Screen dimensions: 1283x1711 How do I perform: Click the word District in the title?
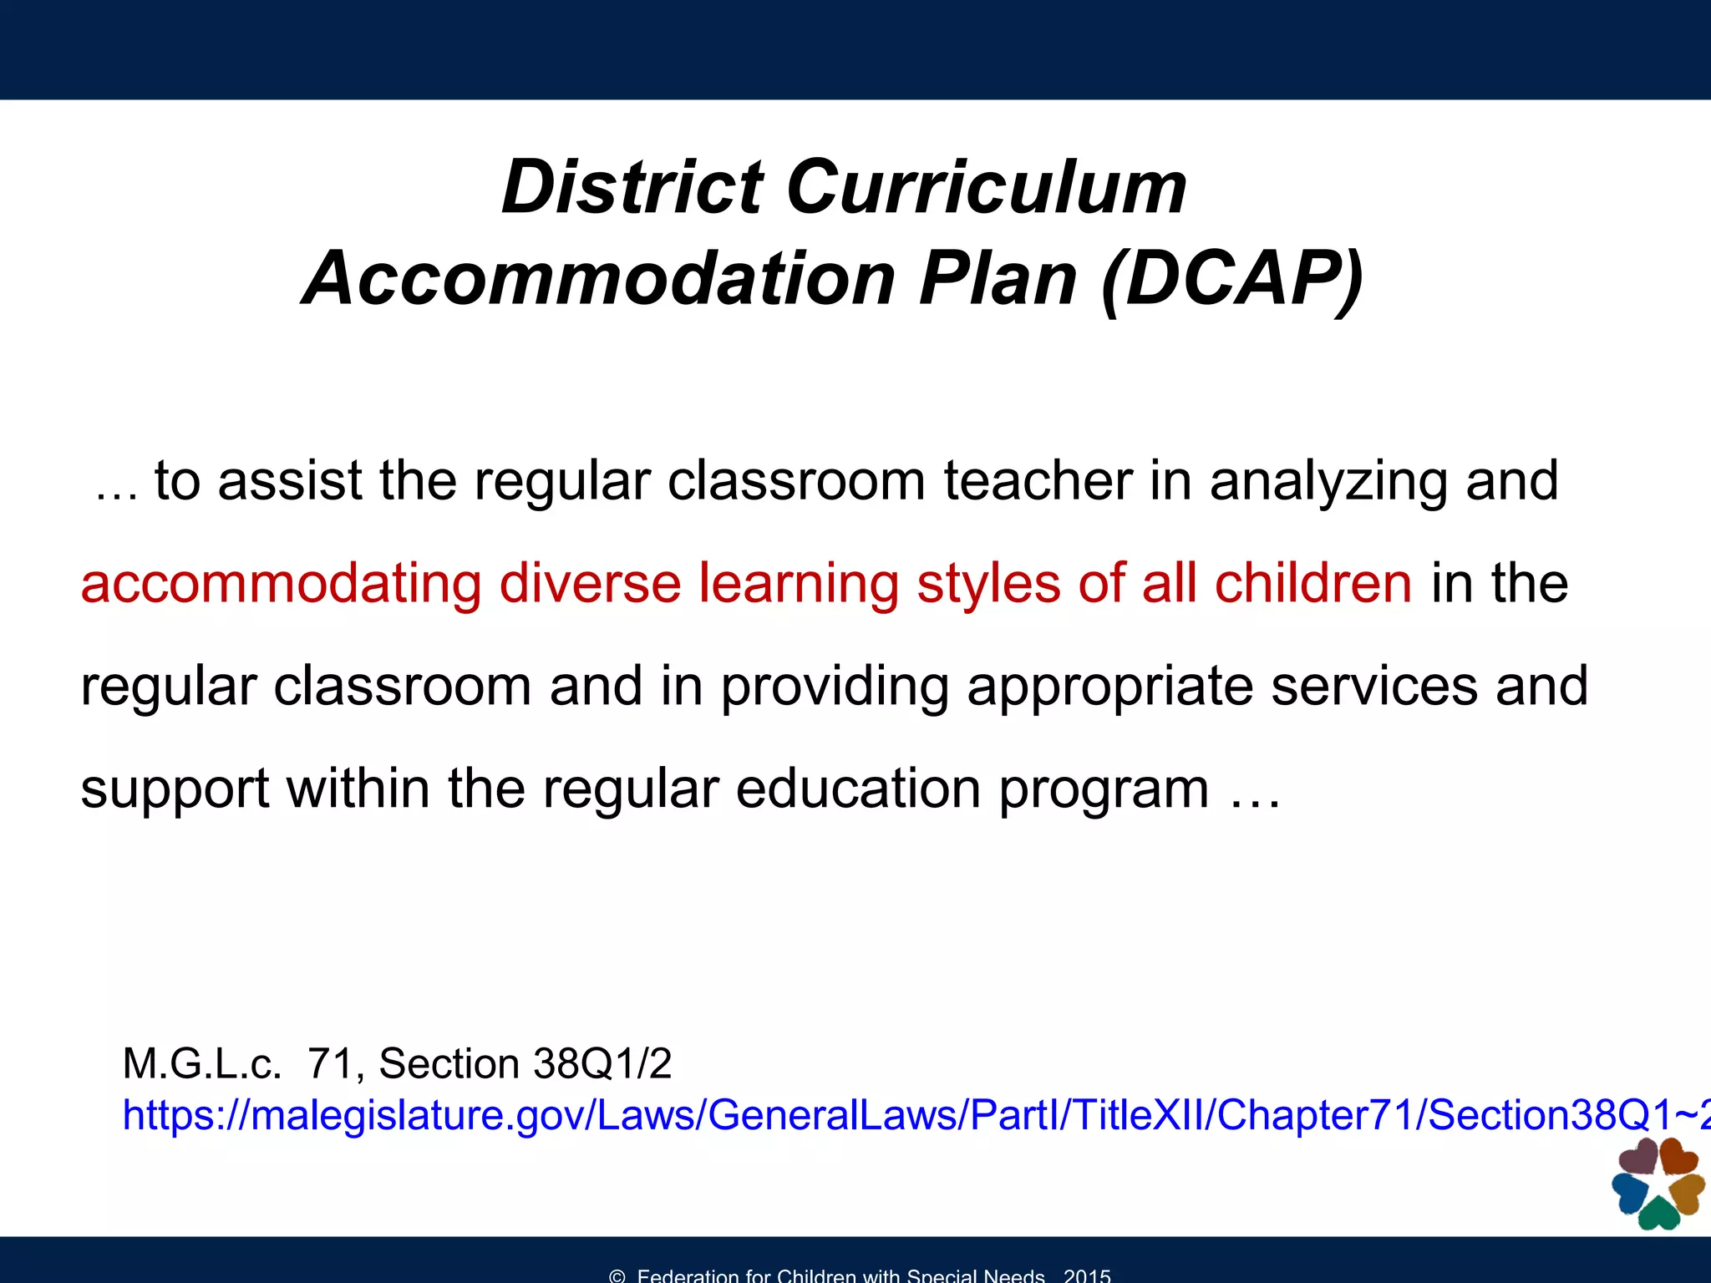632,187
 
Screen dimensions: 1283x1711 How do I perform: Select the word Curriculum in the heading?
986,187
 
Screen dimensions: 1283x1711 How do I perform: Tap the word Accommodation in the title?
599,279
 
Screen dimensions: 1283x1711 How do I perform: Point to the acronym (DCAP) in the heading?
1233,279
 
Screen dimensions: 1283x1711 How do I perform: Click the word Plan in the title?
998,279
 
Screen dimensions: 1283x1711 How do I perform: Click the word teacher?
1038,481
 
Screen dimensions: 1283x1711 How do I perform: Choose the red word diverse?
590,583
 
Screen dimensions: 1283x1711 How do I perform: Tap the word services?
1373,687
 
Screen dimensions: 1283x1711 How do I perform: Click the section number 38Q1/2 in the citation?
602,1064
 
